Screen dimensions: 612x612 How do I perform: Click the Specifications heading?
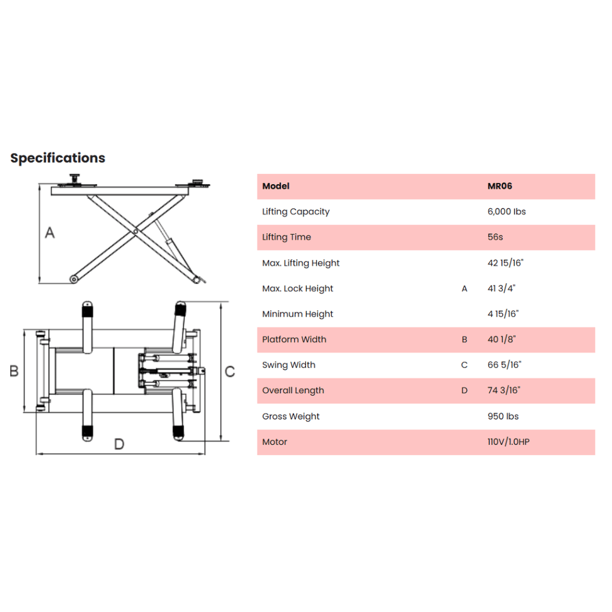[x=58, y=158]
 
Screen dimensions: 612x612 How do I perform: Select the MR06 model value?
[x=500, y=186]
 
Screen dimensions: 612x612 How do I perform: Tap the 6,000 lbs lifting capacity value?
[x=506, y=212]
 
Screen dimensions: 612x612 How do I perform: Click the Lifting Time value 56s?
[x=495, y=237]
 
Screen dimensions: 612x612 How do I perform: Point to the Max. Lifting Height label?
[x=301, y=263]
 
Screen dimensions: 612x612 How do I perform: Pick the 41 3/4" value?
[x=501, y=289]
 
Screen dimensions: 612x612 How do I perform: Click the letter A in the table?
[x=464, y=289]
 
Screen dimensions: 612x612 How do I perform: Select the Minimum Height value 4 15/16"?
[x=503, y=314]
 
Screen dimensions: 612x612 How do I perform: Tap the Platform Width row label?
[x=294, y=339]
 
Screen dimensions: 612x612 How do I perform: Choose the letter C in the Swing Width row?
[x=464, y=365]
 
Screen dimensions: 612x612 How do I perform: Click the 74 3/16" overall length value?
[x=503, y=390]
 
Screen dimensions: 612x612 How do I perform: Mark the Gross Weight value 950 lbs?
[x=503, y=417]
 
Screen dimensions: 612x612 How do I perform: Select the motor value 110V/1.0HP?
[x=508, y=442]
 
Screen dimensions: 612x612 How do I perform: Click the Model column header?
[x=276, y=186]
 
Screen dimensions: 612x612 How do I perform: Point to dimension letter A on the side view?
[x=50, y=232]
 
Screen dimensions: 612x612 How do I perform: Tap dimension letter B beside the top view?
[x=14, y=371]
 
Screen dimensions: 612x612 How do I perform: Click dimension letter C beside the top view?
[x=230, y=371]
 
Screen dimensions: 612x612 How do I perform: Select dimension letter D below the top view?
[x=119, y=444]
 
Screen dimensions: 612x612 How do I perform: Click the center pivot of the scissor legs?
[x=136, y=231]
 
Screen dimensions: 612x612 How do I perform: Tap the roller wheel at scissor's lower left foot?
[x=74, y=279]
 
